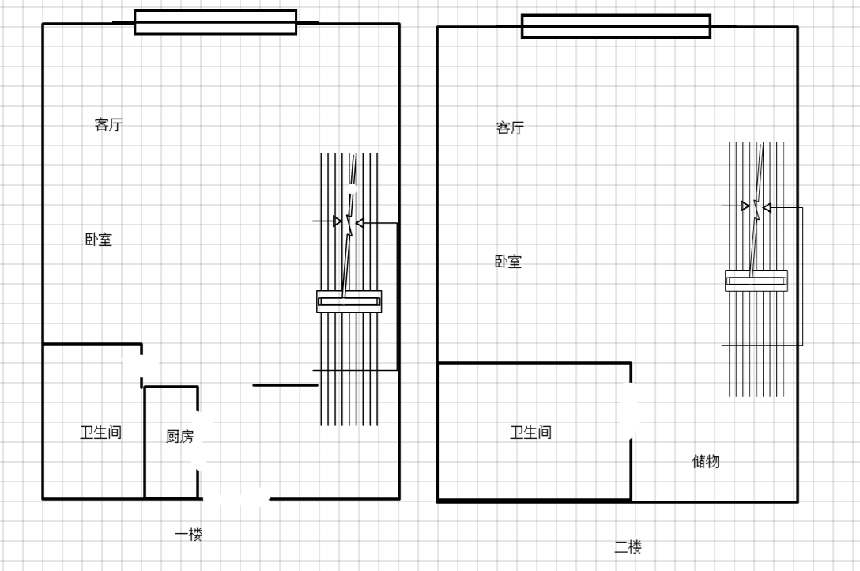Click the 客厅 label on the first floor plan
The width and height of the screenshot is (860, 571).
point(108,124)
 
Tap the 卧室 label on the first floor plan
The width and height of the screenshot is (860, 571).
point(99,239)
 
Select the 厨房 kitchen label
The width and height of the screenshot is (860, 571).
point(180,436)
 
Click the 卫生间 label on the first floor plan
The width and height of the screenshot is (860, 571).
point(101,433)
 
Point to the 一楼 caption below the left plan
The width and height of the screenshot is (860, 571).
point(189,534)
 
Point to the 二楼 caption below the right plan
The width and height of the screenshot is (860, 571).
point(628,546)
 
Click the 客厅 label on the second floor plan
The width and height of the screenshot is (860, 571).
point(510,128)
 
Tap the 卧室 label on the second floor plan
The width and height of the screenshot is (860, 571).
point(508,261)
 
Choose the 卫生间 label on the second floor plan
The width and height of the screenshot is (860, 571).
point(531,433)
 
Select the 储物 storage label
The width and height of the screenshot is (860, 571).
point(706,461)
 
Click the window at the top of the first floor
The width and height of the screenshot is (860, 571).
point(216,22)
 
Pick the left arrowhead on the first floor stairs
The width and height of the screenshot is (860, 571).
point(338,221)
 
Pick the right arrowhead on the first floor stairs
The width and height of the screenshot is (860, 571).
point(360,223)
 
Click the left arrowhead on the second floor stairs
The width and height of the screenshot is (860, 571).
point(745,206)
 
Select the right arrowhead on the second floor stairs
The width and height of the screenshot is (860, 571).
point(767,207)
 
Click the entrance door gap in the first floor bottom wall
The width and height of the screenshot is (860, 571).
point(236,498)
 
